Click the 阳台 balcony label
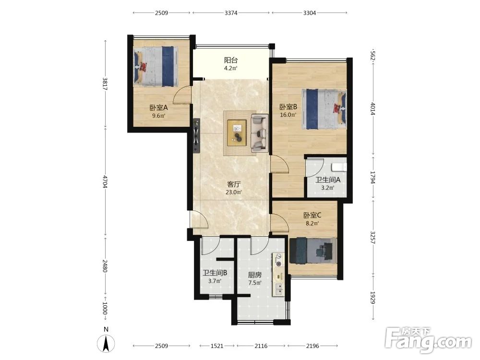[231, 60]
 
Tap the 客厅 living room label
[234, 184]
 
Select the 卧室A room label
[158, 108]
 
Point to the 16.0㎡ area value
[288, 115]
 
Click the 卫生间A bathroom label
[327, 180]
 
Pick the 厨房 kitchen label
[255, 275]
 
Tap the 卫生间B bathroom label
[215, 273]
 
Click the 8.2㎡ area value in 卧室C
[312, 223]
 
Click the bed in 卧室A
[156, 66]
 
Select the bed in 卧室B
[324, 109]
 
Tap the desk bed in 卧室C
[313, 251]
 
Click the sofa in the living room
[260, 133]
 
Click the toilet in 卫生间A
[339, 167]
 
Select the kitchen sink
[279, 289]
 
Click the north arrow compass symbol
[106, 344]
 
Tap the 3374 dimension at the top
[231, 13]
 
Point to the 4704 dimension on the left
[105, 181]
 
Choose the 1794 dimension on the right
[372, 177]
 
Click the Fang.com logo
[428, 339]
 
